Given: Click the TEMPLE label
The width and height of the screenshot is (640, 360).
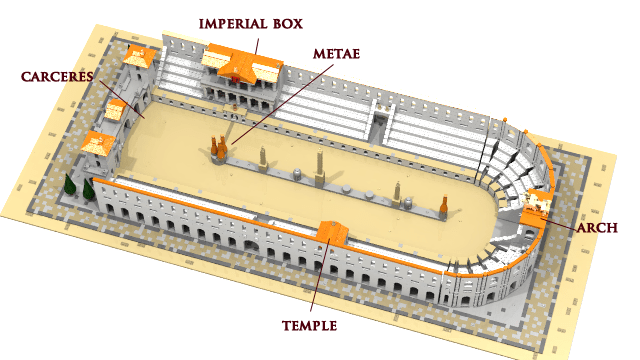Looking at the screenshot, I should coord(309,326).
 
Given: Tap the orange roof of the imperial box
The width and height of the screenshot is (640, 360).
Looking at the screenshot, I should coord(244,66).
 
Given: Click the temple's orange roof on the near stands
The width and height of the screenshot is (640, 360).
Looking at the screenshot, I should coord(331,234).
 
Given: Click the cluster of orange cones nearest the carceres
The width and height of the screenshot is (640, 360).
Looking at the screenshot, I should coord(218,148).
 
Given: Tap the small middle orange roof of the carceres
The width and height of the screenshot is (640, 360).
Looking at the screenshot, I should coord(116,108).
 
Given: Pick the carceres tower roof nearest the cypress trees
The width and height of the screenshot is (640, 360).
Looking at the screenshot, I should coord(99,143).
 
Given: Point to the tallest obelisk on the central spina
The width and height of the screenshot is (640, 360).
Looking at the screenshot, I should coord(319,166).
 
